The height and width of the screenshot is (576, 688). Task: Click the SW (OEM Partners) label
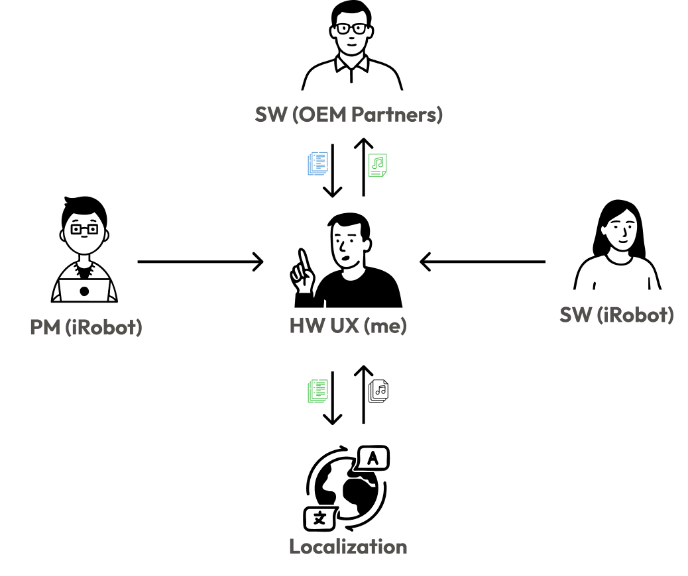[x=349, y=115]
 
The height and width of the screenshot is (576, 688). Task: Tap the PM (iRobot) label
[x=86, y=327]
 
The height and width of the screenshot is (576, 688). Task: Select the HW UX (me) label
[x=348, y=326]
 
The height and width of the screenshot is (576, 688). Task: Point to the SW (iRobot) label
[x=616, y=314]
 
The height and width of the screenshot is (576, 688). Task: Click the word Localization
[x=348, y=547]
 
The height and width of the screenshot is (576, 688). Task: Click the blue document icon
[x=318, y=164]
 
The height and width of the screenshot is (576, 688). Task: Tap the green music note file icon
[x=378, y=165]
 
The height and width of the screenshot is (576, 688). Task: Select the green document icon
[x=318, y=391]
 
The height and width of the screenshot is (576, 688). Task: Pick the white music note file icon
[x=378, y=391]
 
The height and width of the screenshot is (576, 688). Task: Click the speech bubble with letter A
[x=373, y=458]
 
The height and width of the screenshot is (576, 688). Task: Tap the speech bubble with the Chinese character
[x=319, y=518]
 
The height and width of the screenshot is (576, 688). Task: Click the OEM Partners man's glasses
[x=351, y=28]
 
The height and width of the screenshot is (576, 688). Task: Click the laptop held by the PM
[x=84, y=290]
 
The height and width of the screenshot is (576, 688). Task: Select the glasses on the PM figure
[x=84, y=230]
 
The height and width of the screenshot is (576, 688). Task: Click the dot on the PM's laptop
[x=84, y=291]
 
